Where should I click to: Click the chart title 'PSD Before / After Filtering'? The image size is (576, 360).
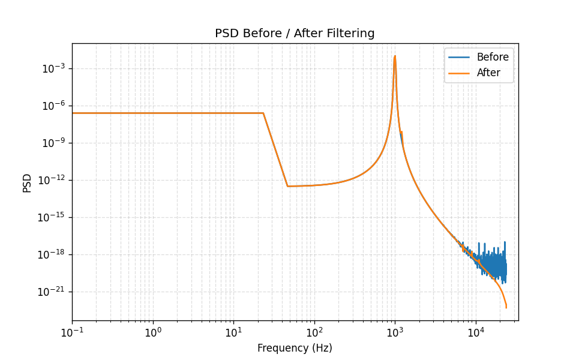point(295,34)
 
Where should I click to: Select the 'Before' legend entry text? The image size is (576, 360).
point(493,58)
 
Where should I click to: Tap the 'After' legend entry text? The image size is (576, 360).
point(488,73)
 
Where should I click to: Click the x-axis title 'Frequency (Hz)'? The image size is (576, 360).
point(295,348)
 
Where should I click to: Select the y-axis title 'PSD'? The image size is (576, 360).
point(27,182)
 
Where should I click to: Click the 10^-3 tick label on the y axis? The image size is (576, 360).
point(53,69)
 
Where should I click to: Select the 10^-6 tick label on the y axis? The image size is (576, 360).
point(53,106)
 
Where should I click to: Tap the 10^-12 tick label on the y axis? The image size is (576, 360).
point(51,181)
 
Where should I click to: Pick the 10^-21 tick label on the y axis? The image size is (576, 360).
point(51,292)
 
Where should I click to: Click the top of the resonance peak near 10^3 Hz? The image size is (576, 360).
point(395,56)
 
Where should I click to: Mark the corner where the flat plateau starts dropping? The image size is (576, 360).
point(263,113)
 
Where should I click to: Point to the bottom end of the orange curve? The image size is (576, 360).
point(506,308)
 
